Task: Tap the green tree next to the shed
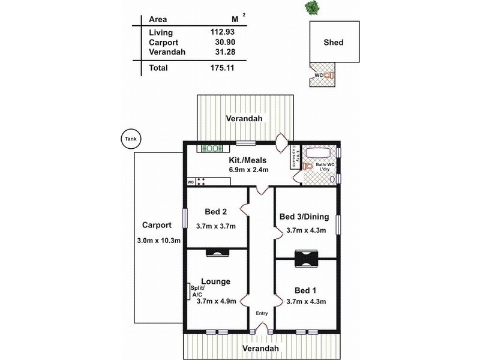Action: coord(312,7)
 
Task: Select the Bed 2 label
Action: coord(214,212)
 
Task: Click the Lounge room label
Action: coord(215,281)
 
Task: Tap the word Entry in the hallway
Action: coord(262,313)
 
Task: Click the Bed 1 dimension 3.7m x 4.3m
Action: coord(306,302)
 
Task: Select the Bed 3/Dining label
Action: coord(306,217)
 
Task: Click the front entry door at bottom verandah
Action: coord(261,328)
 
